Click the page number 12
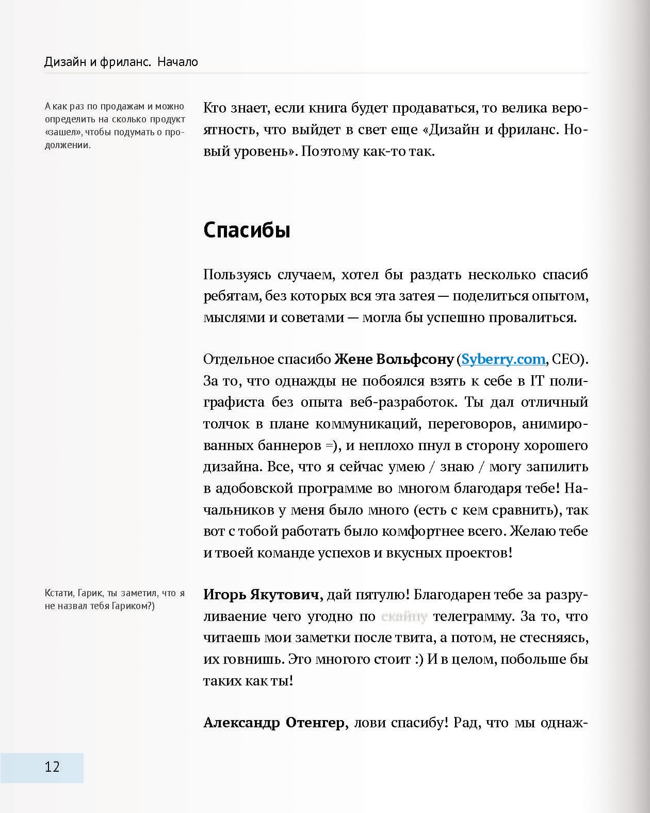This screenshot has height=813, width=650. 52,767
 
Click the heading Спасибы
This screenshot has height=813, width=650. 247,230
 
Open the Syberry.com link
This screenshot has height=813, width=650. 503,359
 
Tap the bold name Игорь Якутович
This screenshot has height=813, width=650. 263,595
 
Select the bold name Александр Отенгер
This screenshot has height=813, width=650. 273,723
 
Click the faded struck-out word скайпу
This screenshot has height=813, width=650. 404,616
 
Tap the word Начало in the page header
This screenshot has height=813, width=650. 178,62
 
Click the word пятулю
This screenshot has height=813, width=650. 382,595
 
